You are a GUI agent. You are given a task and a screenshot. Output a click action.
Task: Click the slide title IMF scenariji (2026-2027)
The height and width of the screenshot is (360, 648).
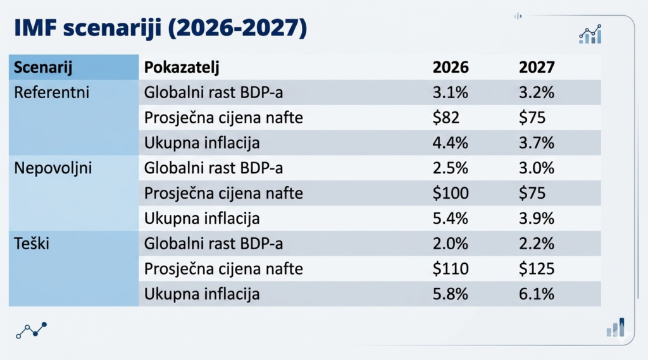(x=159, y=29)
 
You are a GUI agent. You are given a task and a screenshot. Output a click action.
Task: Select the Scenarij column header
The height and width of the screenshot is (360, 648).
(x=44, y=67)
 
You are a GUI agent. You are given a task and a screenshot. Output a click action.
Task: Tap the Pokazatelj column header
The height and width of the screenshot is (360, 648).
(x=182, y=67)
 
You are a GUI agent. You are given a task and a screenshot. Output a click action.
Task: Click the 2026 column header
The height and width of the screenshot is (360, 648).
(x=450, y=67)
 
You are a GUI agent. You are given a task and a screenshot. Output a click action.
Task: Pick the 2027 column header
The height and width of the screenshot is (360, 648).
(x=537, y=67)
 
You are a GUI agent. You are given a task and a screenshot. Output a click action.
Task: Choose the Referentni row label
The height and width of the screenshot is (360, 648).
(x=52, y=92)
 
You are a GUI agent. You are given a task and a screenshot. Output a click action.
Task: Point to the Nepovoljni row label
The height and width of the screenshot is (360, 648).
(x=53, y=168)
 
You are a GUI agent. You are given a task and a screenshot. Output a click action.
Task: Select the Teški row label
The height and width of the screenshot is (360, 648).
(x=32, y=244)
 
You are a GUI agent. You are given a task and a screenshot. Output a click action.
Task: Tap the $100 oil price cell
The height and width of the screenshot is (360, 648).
(x=450, y=193)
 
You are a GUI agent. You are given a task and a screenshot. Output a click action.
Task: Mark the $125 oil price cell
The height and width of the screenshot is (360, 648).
(x=537, y=269)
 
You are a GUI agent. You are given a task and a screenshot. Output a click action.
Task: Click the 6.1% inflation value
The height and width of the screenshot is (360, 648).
(x=537, y=294)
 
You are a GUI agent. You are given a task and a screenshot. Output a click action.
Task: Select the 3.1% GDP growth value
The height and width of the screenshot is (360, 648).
(x=450, y=92)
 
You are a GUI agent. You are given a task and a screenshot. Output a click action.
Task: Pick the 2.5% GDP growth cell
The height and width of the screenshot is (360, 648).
(x=450, y=168)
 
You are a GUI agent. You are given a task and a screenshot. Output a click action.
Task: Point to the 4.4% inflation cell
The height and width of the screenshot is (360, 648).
(x=450, y=143)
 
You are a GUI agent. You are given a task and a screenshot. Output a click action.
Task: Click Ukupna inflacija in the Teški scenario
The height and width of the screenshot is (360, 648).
(x=202, y=294)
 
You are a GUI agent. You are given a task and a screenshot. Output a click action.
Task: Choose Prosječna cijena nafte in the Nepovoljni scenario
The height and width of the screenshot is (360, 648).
(x=223, y=193)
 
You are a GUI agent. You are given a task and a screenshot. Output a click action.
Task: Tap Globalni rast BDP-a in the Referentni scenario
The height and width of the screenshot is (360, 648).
(x=213, y=92)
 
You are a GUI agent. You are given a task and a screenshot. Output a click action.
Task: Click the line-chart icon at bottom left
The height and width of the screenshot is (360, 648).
(x=32, y=330)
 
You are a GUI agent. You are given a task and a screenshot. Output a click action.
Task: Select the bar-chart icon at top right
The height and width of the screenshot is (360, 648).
(x=590, y=35)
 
